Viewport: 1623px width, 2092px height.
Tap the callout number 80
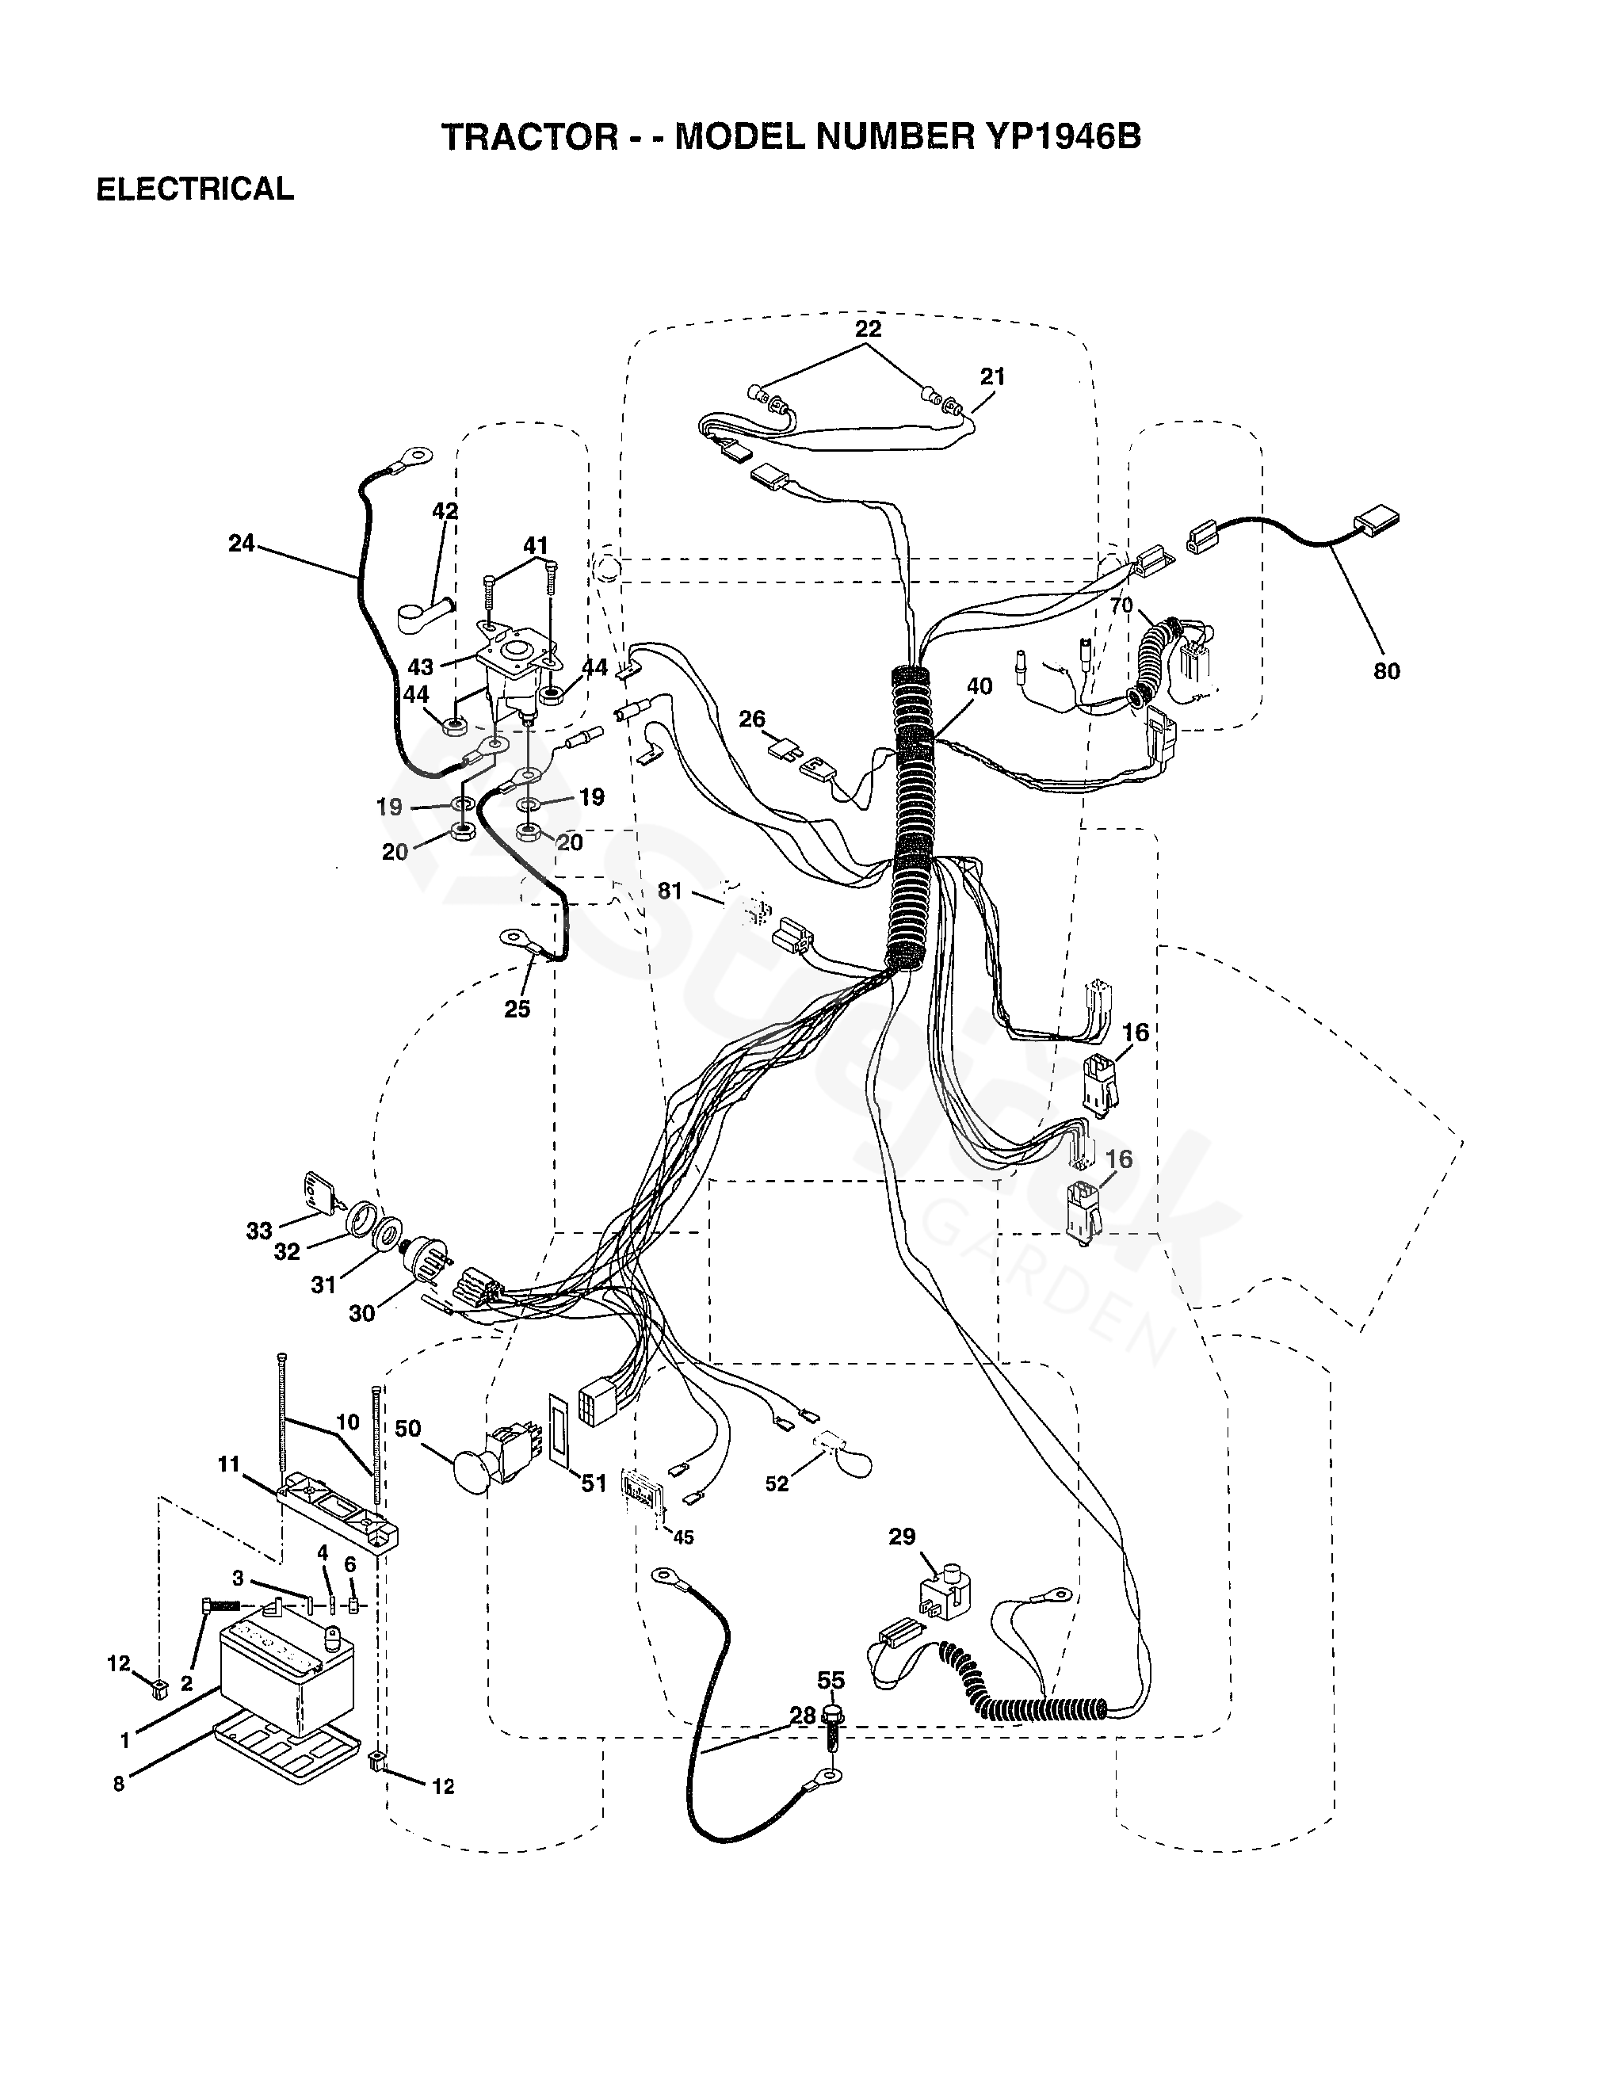pyautogui.click(x=1385, y=670)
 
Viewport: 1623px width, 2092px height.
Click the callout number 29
pyautogui.click(x=902, y=1537)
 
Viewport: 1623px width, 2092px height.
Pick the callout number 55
pyautogui.click(x=831, y=1680)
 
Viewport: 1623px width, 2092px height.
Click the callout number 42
pyautogui.click(x=445, y=511)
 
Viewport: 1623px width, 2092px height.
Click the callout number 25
pyautogui.click(x=517, y=1008)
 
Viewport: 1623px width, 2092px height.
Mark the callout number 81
pyautogui.click(x=669, y=891)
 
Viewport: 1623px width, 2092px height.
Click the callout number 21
pyautogui.click(x=992, y=376)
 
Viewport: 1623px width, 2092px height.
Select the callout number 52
pyautogui.click(x=776, y=1483)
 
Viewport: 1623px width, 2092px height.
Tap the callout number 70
pyautogui.click(x=1121, y=605)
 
